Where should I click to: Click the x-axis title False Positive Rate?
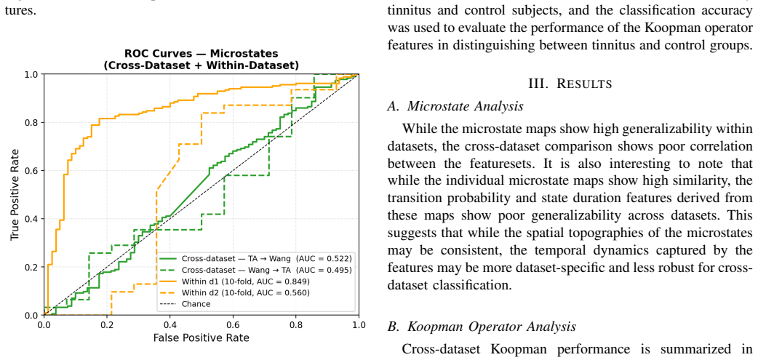[202, 337]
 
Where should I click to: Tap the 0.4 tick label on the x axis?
[170, 324]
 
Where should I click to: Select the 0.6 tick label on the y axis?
[33, 171]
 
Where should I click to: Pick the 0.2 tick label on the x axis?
[108, 324]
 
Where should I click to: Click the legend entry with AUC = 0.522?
[257, 258]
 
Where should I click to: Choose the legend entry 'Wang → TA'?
[257, 270]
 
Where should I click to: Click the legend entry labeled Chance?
[185, 304]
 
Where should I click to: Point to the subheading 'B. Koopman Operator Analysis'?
[482, 327]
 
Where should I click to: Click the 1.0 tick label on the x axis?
[358, 324]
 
